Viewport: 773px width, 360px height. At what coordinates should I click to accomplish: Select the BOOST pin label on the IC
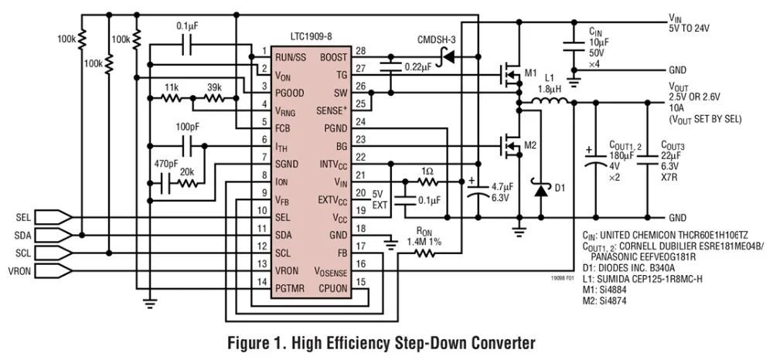pos(334,57)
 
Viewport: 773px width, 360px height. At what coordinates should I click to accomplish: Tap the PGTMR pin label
pos(290,289)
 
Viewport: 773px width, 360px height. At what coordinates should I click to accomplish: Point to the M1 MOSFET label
pos(530,73)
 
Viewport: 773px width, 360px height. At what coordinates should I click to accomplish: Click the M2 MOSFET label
pos(530,145)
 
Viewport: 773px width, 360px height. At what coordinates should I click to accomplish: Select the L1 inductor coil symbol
pos(550,101)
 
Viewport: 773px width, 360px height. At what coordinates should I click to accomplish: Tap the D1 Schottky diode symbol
pos(541,189)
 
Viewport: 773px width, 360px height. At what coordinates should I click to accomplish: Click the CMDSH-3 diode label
pos(434,40)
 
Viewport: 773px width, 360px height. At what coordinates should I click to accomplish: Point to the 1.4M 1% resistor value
pos(424,242)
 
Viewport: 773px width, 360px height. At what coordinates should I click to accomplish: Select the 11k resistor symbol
pos(172,98)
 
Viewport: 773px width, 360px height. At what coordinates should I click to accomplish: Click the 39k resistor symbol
pos(214,98)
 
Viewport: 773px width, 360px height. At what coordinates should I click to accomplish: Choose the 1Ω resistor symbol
pos(427,182)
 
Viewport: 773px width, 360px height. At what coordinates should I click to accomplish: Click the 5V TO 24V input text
pos(689,29)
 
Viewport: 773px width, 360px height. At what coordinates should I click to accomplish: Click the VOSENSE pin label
pos(330,271)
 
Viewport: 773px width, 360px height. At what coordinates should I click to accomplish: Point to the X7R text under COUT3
pos(669,178)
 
